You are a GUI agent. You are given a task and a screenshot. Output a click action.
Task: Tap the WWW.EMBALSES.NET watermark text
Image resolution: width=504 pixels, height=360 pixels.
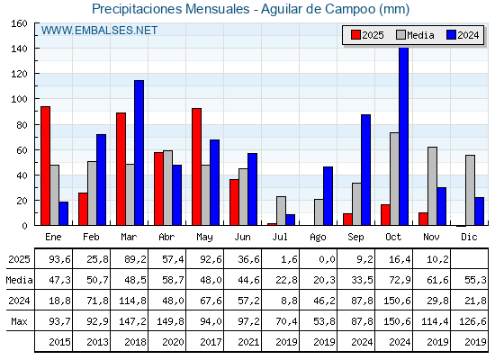click(x=100, y=31)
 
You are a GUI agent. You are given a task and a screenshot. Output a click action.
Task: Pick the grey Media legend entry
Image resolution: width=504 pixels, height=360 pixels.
click(x=414, y=35)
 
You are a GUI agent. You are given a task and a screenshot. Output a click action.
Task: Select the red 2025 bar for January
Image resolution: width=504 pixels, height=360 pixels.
click(x=45, y=166)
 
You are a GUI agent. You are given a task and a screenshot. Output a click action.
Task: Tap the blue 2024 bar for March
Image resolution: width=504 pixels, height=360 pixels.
click(x=139, y=152)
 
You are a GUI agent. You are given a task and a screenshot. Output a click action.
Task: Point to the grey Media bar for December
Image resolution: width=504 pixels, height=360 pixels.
click(x=470, y=190)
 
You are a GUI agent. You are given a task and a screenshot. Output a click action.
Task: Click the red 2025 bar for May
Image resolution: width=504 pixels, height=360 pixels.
click(x=196, y=166)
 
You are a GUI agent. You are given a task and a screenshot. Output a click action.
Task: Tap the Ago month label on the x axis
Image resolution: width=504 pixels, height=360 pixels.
click(x=319, y=236)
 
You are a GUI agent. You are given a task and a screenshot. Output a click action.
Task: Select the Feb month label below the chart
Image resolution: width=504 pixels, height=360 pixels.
click(x=92, y=236)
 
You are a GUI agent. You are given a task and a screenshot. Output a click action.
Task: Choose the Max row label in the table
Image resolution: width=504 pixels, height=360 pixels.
click(x=18, y=321)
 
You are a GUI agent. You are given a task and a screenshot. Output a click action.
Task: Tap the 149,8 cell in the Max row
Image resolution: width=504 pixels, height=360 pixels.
click(x=167, y=321)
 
